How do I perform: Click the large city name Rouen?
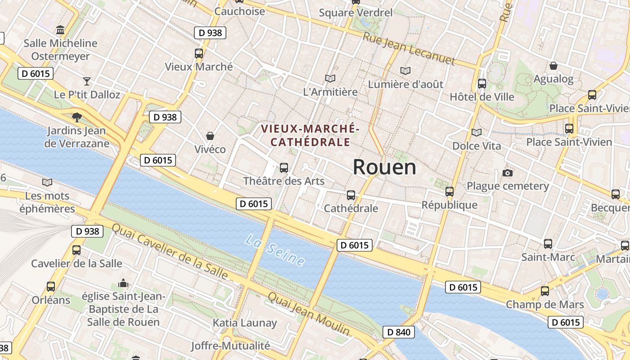tap(384, 167)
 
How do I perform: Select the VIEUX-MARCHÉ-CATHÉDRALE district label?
tap(310, 135)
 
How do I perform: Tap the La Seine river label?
tap(275, 250)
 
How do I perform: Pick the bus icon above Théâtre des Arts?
tap(284, 168)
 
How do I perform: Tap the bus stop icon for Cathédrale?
tap(351, 195)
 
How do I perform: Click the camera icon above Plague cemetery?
tap(508, 173)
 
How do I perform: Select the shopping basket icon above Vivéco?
tap(210, 135)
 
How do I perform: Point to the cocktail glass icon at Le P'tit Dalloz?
tap(87, 81)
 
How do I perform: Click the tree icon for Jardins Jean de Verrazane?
tap(77, 117)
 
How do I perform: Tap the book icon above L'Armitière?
tap(330, 78)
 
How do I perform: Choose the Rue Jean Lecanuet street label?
tap(409, 49)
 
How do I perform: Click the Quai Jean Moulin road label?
tap(309, 314)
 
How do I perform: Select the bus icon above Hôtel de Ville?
tap(482, 83)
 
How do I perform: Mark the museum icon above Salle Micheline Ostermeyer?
tap(60, 30)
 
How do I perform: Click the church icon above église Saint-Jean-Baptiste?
tap(123, 283)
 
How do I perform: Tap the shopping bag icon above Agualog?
tap(553, 66)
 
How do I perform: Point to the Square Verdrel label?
tap(355, 13)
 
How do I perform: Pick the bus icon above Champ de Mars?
tap(545, 291)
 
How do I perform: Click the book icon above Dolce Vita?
tap(476, 132)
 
